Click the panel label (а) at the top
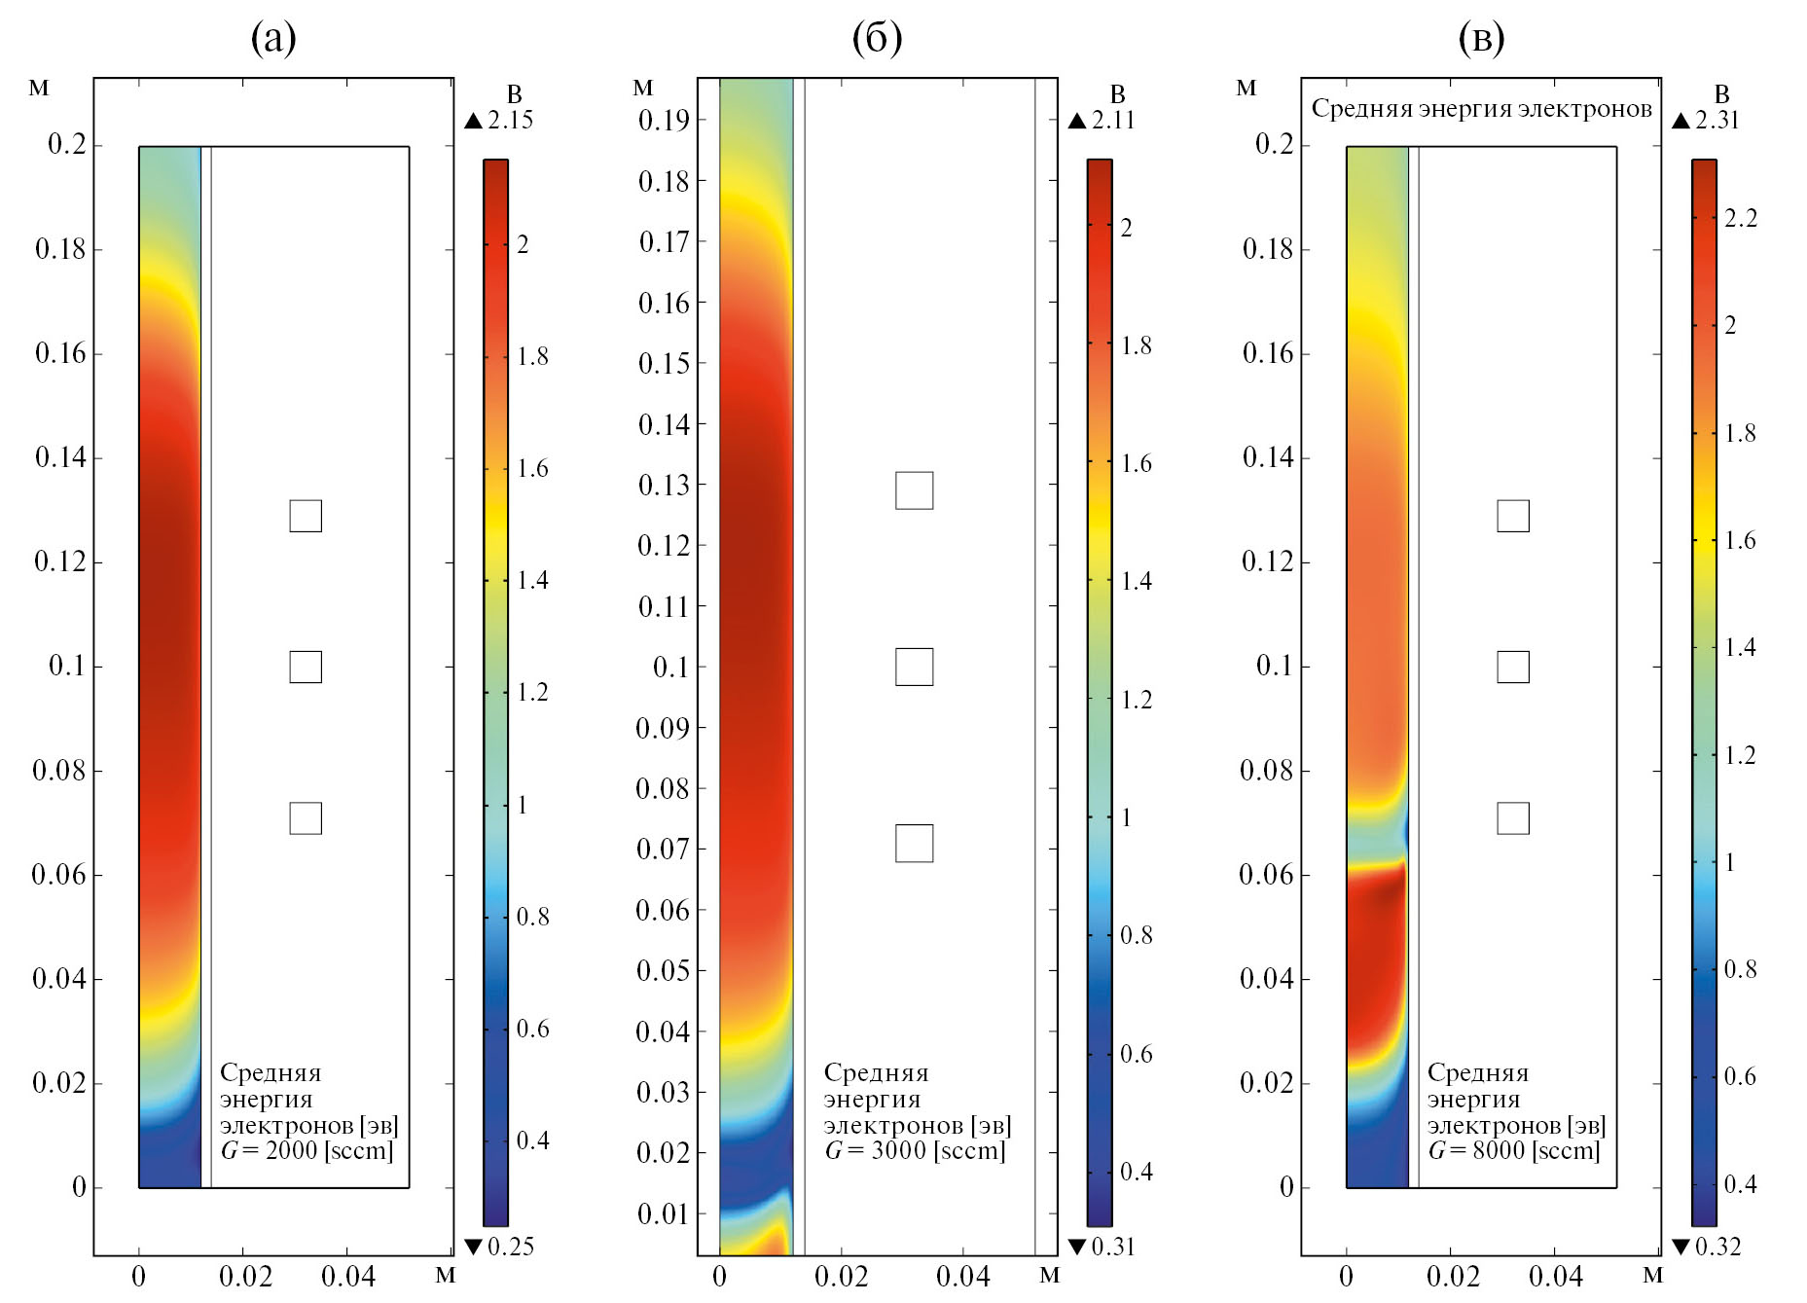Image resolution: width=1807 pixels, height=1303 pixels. (273, 38)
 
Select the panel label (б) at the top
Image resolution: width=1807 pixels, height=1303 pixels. (877, 38)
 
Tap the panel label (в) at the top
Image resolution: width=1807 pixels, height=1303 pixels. (1481, 38)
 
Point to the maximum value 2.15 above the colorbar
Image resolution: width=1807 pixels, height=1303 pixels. (510, 121)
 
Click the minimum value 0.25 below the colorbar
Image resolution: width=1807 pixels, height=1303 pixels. (510, 1247)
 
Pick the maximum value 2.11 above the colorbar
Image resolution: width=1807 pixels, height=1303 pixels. (1113, 121)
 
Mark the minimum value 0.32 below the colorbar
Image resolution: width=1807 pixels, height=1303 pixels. (1717, 1247)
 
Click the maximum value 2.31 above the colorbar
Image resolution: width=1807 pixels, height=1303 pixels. (1717, 121)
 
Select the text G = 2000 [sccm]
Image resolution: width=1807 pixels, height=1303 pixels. (307, 1151)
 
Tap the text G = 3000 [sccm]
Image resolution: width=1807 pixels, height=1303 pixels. (915, 1151)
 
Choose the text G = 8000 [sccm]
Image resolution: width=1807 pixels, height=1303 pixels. (1514, 1151)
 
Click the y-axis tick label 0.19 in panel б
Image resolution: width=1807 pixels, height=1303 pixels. (664, 121)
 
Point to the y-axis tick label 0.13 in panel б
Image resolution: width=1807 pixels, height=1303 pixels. (664, 485)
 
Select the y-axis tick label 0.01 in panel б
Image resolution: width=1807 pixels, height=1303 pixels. (664, 1213)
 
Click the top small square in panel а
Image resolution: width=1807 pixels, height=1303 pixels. (306, 516)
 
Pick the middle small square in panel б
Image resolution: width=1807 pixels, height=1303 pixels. (914, 667)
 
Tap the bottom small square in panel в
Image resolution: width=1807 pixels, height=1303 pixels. (1512, 818)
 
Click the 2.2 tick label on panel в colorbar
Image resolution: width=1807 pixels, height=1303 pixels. (1741, 218)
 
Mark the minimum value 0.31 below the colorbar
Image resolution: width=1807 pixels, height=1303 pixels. (1113, 1247)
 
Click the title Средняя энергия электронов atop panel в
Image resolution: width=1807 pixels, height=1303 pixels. (1481, 108)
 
